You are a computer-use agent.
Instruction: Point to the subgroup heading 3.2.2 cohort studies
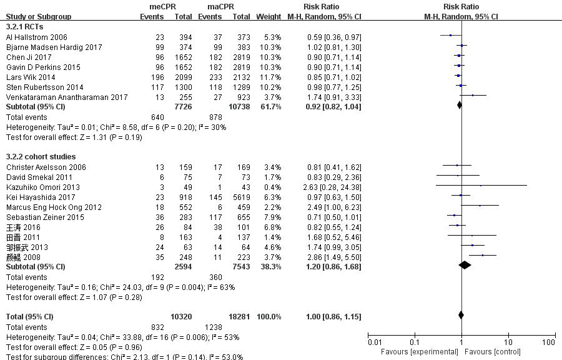click(41, 156)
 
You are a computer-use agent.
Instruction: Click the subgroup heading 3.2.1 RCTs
click(24, 26)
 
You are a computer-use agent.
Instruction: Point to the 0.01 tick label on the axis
click(374, 342)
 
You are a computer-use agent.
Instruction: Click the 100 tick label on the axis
click(549, 342)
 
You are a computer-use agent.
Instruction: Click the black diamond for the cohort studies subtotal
click(465, 267)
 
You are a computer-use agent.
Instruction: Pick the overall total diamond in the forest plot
click(461, 317)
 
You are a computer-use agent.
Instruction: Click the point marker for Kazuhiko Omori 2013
click(480, 186)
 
